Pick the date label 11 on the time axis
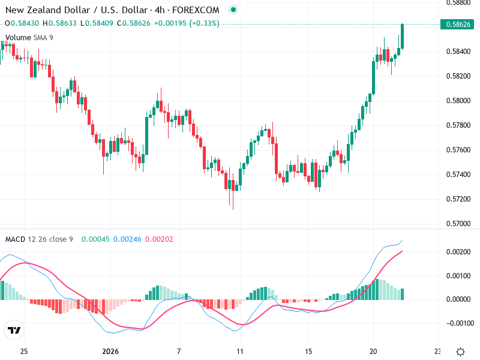pos(239,351)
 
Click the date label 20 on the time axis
pos(373,351)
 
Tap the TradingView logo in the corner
pos(14,330)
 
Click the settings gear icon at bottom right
pos(460,352)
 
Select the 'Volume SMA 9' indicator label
pos(29,38)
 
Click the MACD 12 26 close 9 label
pos(39,239)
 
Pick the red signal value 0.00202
pos(159,239)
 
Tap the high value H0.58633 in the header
pos(62,23)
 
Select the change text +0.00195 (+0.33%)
pos(187,23)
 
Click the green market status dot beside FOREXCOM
pos(233,10)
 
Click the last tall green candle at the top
pos(403,37)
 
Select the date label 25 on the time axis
pos(24,351)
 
